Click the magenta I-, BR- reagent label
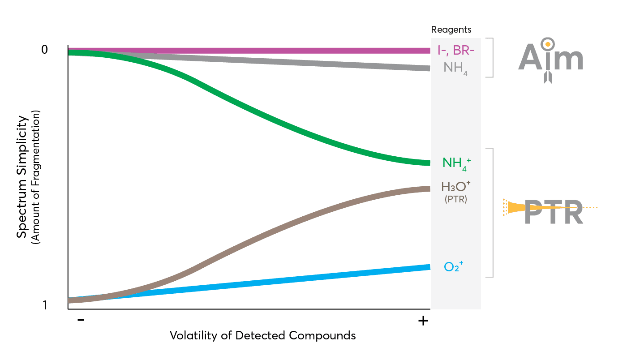coord(456,51)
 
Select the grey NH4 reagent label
coord(455,68)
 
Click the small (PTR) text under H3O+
coord(456,199)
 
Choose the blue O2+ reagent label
coord(453,267)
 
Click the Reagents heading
coord(451,30)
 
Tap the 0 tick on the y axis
coord(44,50)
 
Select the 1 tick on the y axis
coord(44,305)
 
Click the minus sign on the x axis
coord(81,320)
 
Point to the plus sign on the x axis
coord(423,321)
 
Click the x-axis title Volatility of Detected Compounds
coord(262,335)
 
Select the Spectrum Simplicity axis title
coord(22,178)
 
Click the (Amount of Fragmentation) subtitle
coord(36,178)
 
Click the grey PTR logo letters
coord(554,212)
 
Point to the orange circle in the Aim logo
coord(547,44)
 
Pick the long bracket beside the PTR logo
coord(492,212)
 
